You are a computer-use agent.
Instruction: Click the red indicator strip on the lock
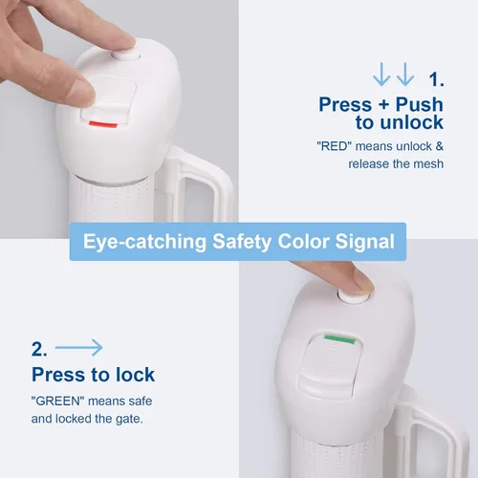point(103,124)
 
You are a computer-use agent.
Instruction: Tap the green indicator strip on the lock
point(339,338)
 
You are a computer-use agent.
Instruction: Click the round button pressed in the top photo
point(126,55)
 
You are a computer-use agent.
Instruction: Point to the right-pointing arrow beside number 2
point(78,347)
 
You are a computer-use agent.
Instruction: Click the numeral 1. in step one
point(436,79)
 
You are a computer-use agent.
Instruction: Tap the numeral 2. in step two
point(39,349)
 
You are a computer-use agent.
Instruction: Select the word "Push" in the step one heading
point(420,104)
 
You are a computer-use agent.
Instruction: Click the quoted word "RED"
point(334,146)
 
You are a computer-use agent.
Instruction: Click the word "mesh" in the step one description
point(428,163)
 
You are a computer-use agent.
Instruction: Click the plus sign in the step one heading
point(383,105)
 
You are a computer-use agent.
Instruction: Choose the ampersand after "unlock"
point(440,146)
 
